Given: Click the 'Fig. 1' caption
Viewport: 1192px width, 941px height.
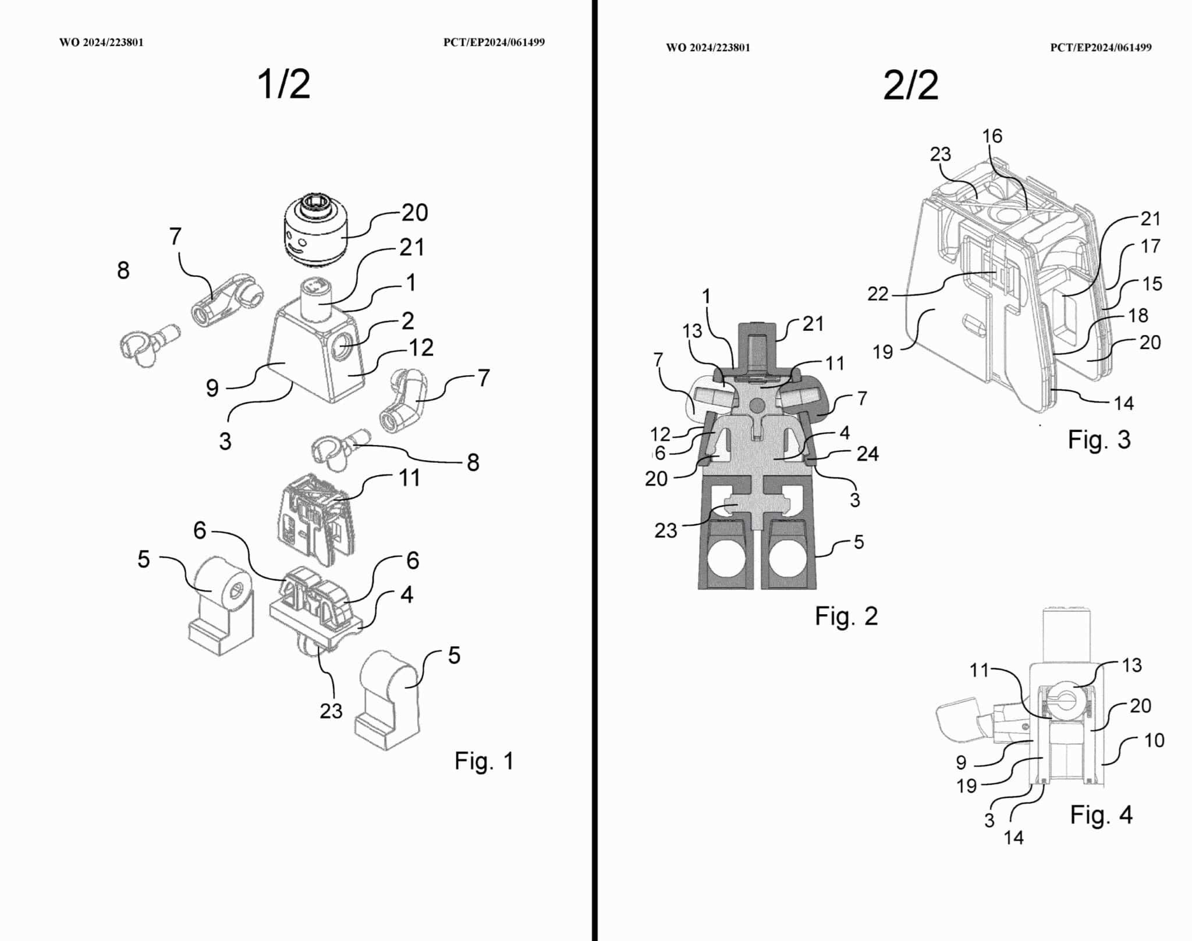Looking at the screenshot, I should [484, 761].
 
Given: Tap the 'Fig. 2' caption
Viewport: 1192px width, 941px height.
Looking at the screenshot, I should [846, 616].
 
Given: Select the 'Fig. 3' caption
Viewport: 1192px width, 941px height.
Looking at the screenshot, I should [1098, 440].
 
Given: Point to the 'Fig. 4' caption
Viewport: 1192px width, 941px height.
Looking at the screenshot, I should [1101, 815].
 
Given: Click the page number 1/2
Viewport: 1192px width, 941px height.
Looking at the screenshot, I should [283, 84].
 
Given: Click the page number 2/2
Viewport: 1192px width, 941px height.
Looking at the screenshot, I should [910, 86].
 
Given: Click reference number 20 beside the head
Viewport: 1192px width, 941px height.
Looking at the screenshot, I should [414, 213].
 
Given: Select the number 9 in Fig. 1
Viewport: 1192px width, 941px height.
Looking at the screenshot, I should [212, 388].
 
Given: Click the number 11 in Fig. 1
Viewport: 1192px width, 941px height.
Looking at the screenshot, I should [409, 478].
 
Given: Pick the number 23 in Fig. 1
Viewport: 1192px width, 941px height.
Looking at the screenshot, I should [331, 711].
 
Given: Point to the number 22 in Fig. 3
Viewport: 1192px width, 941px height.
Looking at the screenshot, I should [878, 294].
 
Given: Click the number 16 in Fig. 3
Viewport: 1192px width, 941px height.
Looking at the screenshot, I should [992, 136].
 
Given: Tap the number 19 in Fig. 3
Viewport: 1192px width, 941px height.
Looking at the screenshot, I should [883, 352].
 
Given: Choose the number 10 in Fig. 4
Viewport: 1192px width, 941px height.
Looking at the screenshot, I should [1154, 740].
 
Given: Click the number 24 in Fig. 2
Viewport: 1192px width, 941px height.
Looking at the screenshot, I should [867, 454].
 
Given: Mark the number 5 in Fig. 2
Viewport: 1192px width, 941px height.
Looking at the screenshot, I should [858, 542].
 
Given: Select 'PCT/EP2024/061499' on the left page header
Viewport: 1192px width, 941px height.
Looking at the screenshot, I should [494, 42].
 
